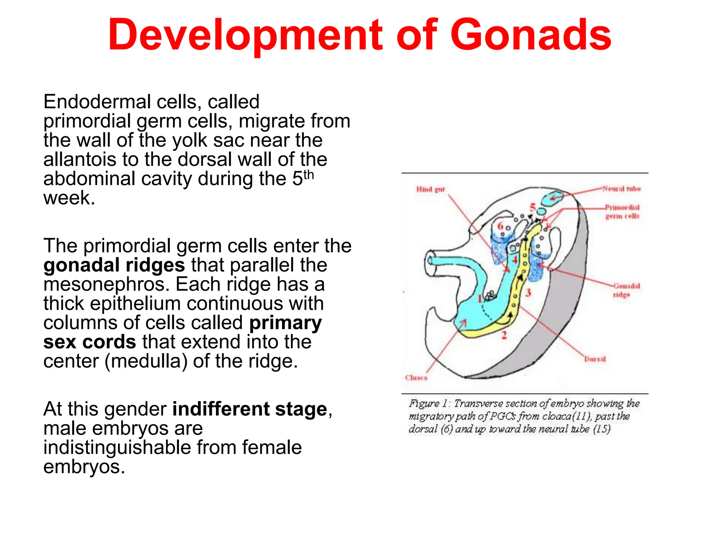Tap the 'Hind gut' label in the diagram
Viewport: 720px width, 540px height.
pos(430,189)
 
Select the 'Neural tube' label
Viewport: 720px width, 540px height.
pos(621,189)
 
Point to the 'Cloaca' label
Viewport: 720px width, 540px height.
pos(416,378)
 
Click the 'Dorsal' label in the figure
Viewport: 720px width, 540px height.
pos(595,359)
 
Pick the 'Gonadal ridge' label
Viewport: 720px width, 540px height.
pos(626,290)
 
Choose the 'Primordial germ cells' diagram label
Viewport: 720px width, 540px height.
pos(622,212)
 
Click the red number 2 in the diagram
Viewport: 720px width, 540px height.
pos(504,335)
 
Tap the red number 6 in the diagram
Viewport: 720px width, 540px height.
pos(500,226)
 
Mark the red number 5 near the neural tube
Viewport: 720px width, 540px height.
pos(533,207)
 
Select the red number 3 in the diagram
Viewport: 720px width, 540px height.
pos(528,292)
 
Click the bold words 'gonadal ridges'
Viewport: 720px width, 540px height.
pos(114,265)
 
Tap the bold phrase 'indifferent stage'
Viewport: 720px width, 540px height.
pos(250,409)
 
